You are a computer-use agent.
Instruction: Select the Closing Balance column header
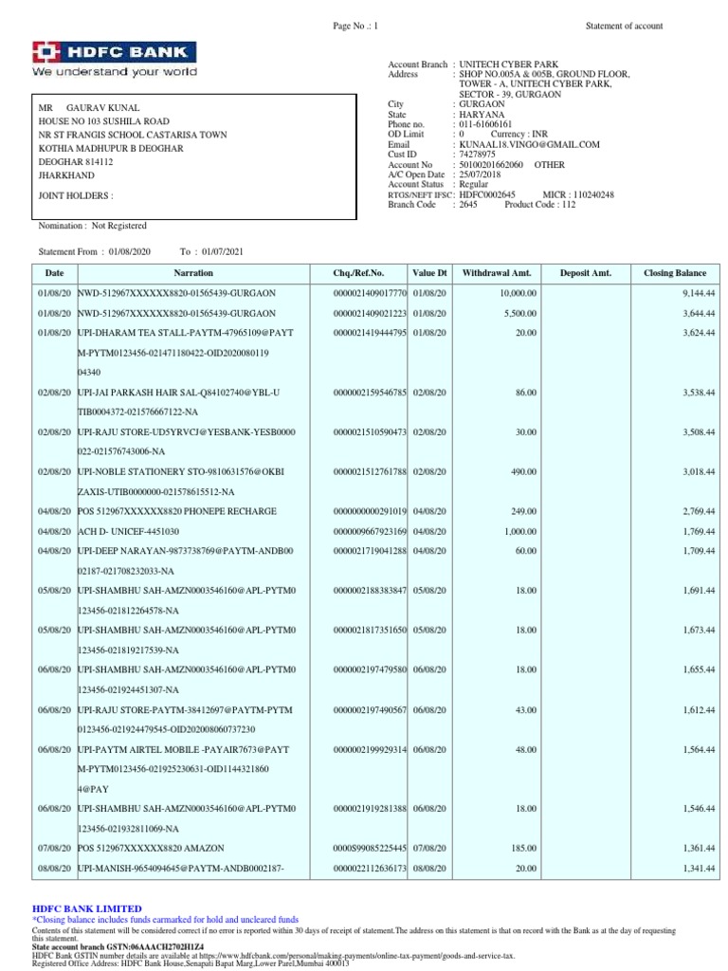click(x=674, y=273)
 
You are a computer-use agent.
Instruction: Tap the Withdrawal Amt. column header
click(x=491, y=273)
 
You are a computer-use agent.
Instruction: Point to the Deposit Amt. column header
click(x=585, y=273)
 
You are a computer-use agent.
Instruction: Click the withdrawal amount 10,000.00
click(x=518, y=294)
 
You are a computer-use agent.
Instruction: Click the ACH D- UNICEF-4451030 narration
click(x=128, y=531)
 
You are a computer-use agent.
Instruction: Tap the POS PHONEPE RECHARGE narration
click(x=165, y=511)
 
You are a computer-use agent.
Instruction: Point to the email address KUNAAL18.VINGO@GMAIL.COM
click(x=530, y=144)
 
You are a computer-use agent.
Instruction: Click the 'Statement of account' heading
click(x=624, y=26)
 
